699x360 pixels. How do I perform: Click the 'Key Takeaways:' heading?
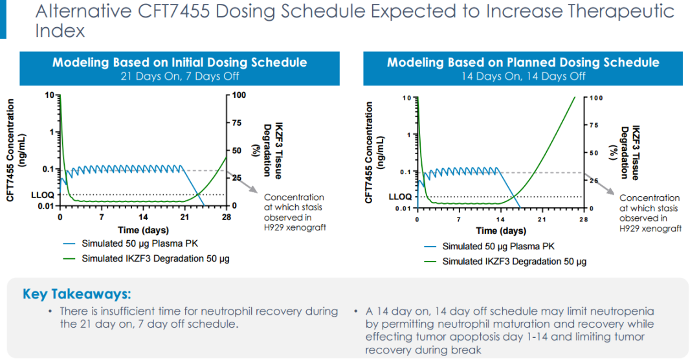click(76, 293)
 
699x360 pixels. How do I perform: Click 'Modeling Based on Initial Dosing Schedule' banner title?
click(179, 63)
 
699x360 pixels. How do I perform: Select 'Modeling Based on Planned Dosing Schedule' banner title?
click(523, 63)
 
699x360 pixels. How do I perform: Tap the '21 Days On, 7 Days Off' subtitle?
click(179, 76)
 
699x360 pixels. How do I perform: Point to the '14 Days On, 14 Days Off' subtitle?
click(523, 76)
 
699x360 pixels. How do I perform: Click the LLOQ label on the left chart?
click(41, 194)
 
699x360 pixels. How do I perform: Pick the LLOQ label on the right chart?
click(399, 197)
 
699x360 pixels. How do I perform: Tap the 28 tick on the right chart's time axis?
click(583, 220)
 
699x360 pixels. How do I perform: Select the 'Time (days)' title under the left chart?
click(143, 230)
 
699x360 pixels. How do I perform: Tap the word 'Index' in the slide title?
click(60, 30)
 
